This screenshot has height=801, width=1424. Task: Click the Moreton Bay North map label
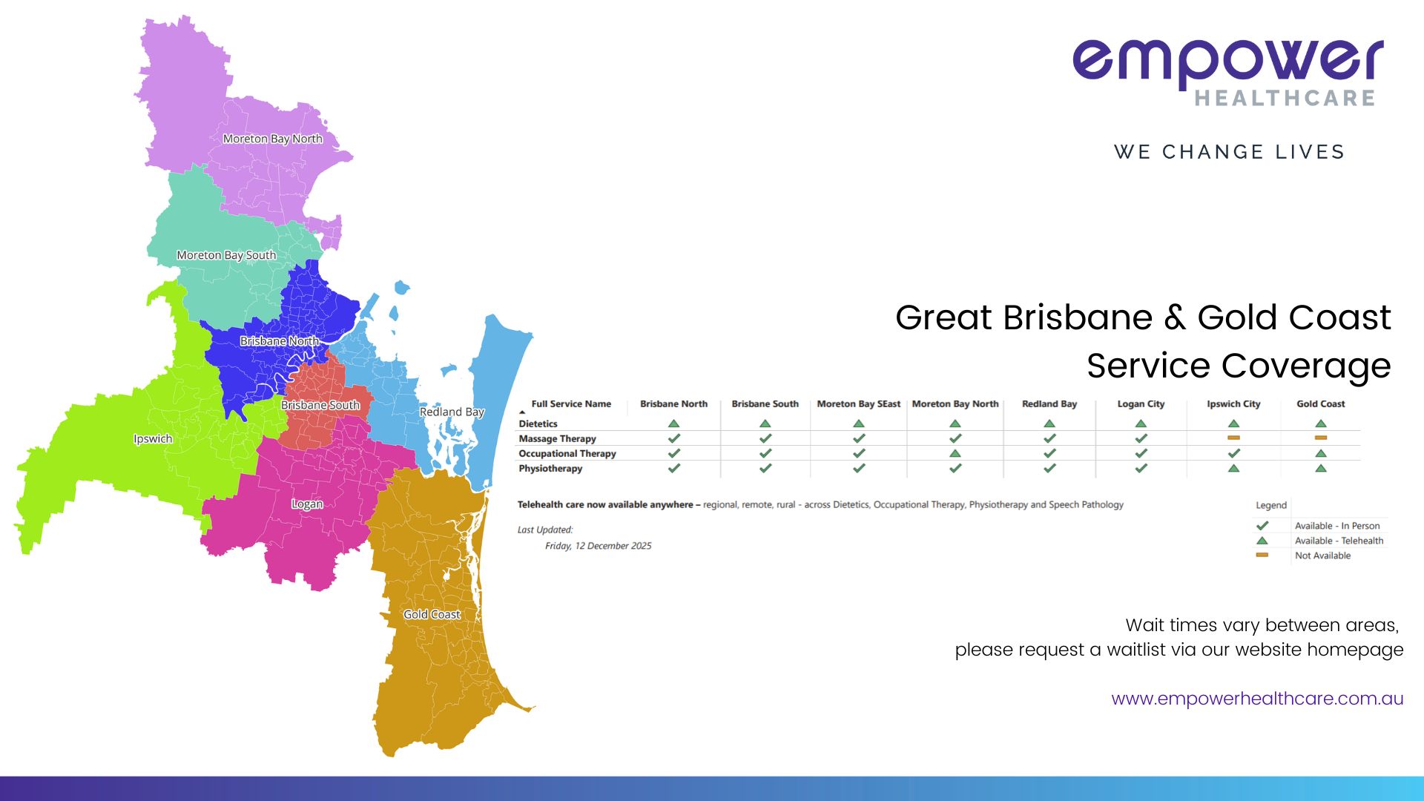(x=272, y=139)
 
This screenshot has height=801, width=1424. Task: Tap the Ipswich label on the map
(x=153, y=439)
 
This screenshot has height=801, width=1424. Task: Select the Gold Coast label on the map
(x=432, y=615)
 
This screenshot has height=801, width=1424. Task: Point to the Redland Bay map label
(x=452, y=412)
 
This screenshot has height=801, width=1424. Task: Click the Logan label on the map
(x=307, y=504)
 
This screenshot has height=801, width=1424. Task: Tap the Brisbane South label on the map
(x=320, y=405)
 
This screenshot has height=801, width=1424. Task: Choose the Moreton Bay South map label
(x=226, y=255)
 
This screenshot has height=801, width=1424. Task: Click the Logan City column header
(x=1141, y=404)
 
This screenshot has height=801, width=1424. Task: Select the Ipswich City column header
(x=1233, y=404)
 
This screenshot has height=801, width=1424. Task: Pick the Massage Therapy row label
(x=557, y=439)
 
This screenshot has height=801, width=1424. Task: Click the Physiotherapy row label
(x=550, y=469)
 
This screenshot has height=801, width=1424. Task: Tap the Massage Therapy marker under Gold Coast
(x=1321, y=438)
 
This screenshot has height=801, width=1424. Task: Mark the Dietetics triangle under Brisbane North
(x=673, y=423)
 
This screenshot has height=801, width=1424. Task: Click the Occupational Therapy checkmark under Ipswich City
(x=1234, y=453)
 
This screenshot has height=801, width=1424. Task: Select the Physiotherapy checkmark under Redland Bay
(x=1049, y=468)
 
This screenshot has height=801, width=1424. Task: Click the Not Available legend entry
(x=1322, y=556)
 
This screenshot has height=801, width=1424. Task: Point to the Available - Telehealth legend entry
(x=1339, y=541)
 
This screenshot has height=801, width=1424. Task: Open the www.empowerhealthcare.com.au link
(x=1257, y=699)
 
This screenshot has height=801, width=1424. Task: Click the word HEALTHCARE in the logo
(x=1285, y=98)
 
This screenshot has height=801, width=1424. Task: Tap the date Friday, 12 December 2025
(x=598, y=546)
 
